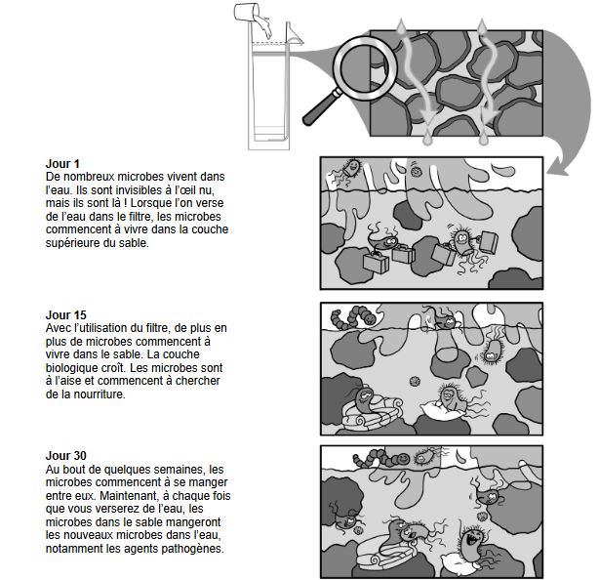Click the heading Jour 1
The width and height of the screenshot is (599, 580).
tap(62, 164)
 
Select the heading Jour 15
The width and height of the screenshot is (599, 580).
tap(65, 314)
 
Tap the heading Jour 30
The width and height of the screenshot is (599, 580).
tap(65, 455)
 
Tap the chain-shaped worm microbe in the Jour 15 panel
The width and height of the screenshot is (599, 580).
tap(352, 316)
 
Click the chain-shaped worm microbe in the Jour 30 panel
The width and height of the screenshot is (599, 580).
tap(380, 458)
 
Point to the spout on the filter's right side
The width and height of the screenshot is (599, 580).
tap(295, 35)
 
